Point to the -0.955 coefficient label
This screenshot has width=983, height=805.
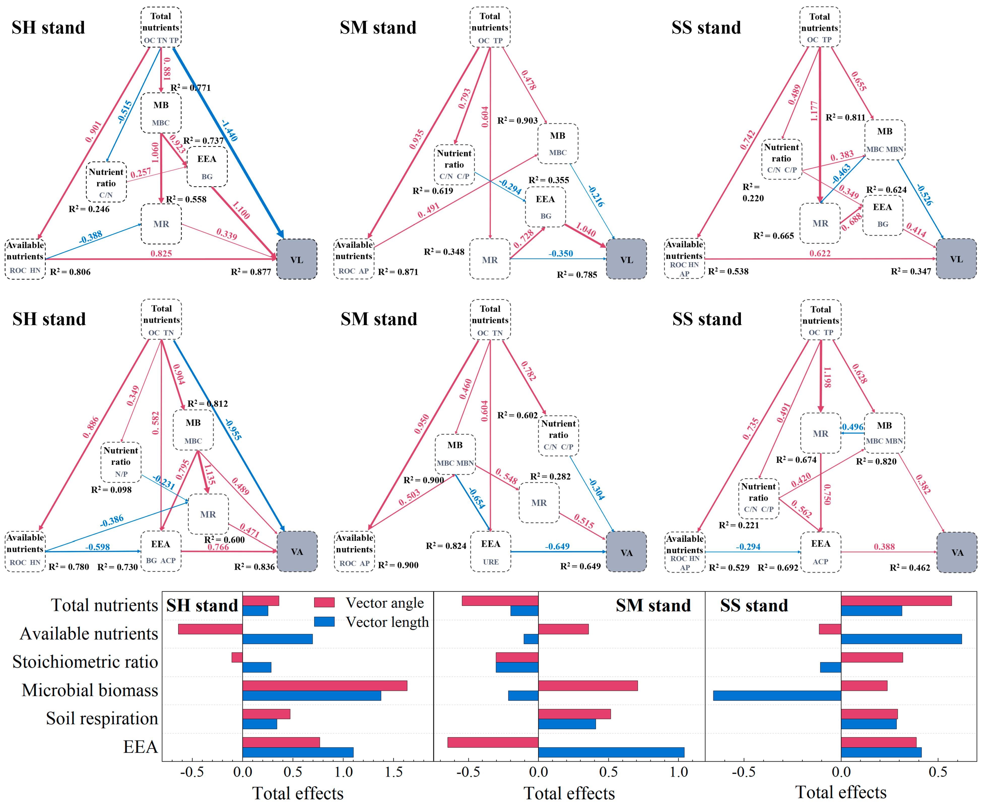pos(233,429)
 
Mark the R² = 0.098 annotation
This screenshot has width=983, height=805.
pos(111,490)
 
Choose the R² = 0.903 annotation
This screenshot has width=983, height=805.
pos(517,121)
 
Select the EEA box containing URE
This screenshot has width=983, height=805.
pos(490,551)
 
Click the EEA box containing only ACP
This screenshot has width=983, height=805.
pos(820,552)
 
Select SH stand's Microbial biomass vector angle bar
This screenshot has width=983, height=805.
pos(325,685)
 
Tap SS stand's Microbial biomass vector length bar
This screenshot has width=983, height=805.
pos(777,695)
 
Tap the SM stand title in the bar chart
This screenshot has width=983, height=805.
pos(653,606)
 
